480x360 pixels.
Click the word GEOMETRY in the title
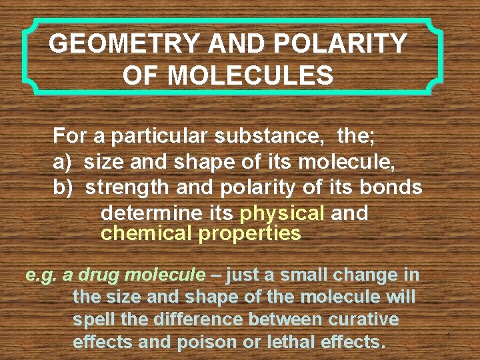(124, 44)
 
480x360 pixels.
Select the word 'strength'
(127, 187)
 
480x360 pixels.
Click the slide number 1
(449, 337)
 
